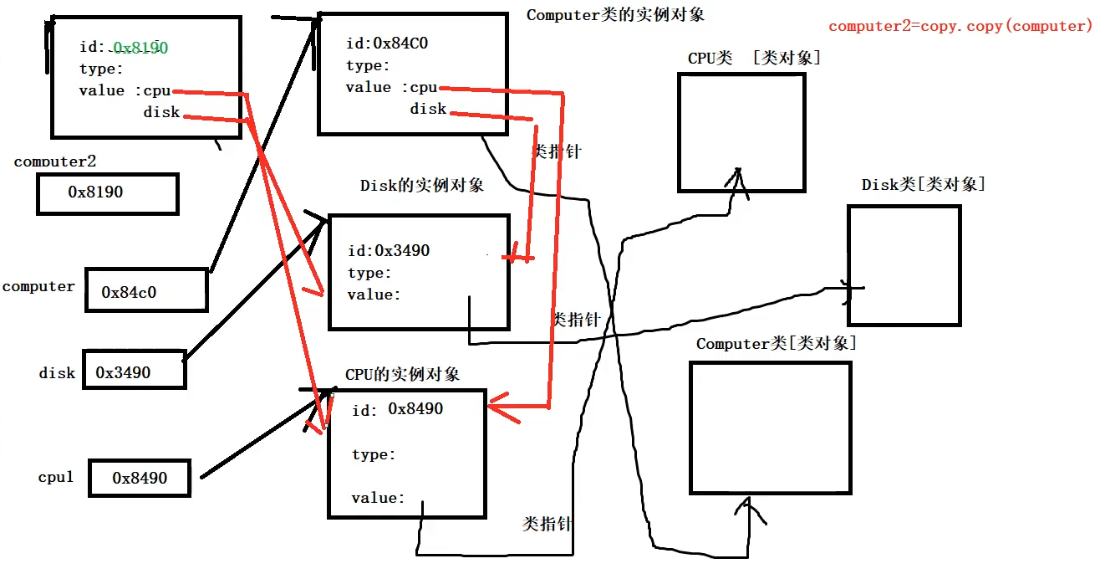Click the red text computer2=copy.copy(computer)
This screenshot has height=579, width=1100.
[960, 26]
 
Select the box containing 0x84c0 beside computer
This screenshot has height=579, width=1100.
[146, 290]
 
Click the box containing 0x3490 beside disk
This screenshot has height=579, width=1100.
[133, 369]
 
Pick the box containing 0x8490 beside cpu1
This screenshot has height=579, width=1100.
[140, 478]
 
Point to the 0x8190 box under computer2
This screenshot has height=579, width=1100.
[107, 193]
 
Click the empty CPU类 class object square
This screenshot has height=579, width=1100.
[741, 132]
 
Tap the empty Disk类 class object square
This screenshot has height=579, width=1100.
[904, 264]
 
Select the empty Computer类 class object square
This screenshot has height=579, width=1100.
[770, 428]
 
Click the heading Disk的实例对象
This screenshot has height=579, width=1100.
[422, 185]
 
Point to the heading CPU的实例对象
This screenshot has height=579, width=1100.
[402, 374]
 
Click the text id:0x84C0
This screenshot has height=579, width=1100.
[387, 44]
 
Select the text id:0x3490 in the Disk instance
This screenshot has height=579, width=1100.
[389, 250]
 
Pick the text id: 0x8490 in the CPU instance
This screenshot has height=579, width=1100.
[398, 409]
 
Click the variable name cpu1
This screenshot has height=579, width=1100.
[56, 477]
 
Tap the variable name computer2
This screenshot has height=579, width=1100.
[55, 161]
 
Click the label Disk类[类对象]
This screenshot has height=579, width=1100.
[924, 184]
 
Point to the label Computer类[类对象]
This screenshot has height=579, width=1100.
[777, 344]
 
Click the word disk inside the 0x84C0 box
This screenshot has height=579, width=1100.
[428, 109]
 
